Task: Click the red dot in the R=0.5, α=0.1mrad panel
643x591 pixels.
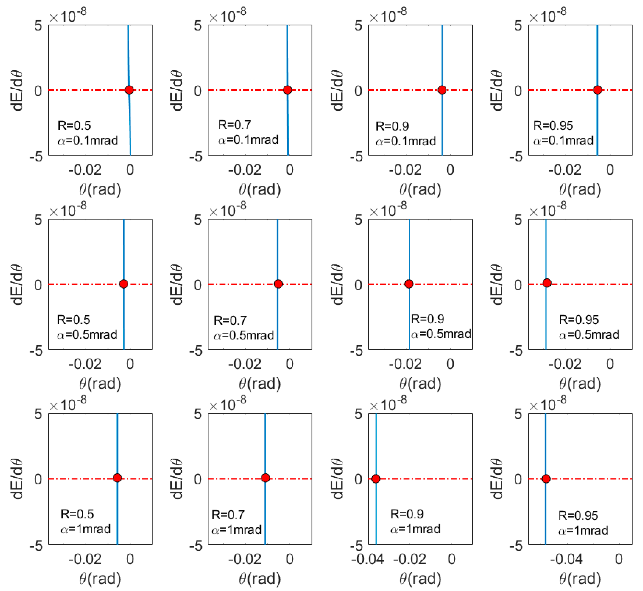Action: [x=129, y=90]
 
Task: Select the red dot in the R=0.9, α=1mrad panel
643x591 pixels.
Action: [x=376, y=479]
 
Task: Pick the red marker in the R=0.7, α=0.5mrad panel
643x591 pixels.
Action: [x=278, y=284]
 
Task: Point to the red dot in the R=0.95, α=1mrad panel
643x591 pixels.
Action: [x=546, y=479]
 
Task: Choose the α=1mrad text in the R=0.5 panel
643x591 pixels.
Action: [x=86, y=529]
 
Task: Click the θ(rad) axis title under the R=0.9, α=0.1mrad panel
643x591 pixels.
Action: [x=420, y=189]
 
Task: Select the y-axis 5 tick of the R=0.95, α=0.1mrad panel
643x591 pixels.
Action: [x=518, y=26]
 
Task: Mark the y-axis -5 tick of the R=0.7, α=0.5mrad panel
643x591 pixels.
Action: [x=196, y=351]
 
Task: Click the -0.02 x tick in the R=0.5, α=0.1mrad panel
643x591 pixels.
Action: [x=85, y=170]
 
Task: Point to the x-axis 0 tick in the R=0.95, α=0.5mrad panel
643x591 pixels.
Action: [x=610, y=364]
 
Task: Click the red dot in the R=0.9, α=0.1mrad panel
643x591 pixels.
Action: [x=442, y=90]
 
